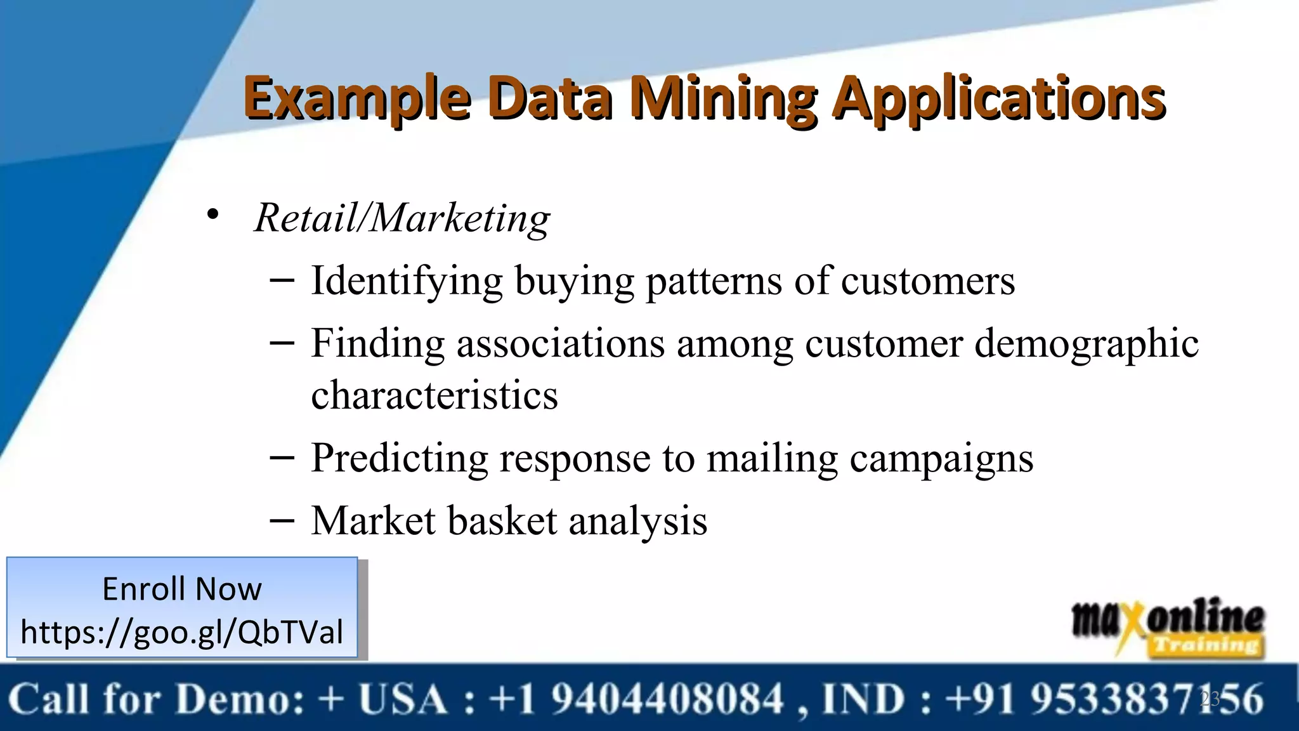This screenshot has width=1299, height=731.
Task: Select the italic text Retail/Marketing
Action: pyautogui.click(x=402, y=218)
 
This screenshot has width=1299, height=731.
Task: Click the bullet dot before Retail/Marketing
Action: pyautogui.click(x=213, y=214)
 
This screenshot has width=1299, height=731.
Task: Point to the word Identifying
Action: pyautogui.click(x=406, y=280)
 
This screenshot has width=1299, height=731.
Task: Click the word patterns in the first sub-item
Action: pyautogui.click(x=714, y=280)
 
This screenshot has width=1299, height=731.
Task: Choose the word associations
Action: pyautogui.click(x=561, y=343)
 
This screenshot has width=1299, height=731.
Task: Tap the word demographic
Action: pyautogui.click(x=1086, y=343)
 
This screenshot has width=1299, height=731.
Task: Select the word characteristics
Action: pyautogui.click(x=434, y=395)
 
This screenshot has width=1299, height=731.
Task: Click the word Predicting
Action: pyautogui.click(x=399, y=458)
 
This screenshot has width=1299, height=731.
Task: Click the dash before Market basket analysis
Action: pyautogui.click(x=282, y=520)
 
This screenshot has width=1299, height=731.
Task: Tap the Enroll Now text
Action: pyautogui.click(x=182, y=589)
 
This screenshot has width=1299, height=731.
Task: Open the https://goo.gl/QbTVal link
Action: pyautogui.click(x=182, y=632)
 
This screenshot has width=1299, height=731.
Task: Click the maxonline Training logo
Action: pyautogui.click(x=1168, y=627)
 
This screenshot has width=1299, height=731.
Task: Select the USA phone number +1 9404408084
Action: pyautogui.click(x=637, y=699)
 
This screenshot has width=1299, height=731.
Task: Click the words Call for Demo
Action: pyautogui.click(x=157, y=699)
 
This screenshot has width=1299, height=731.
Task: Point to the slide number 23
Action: pyautogui.click(x=1210, y=699)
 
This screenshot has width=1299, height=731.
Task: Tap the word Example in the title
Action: pyautogui.click(x=357, y=98)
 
